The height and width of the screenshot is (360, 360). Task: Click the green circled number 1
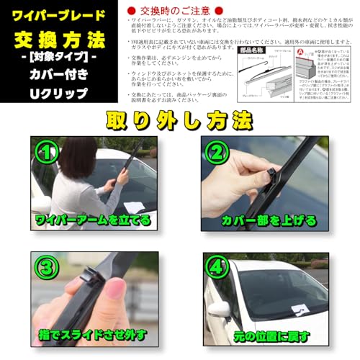[49, 153]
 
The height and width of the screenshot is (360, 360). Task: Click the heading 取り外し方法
[179, 118]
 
